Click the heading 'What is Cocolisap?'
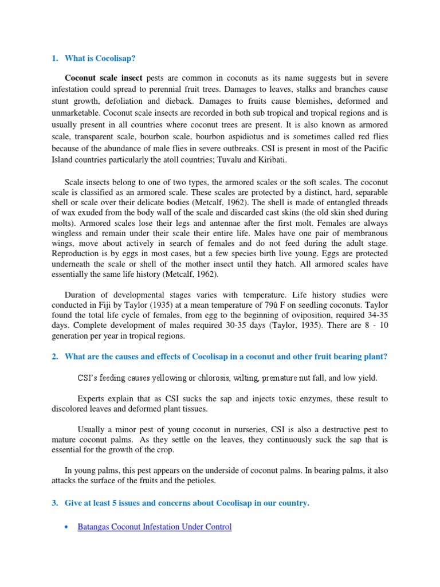(x=100, y=58)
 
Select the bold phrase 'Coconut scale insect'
(x=104, y=77)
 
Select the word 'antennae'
(x=210, y=224)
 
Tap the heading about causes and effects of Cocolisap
(x=226, y=357)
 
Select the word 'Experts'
(x=92, y=398)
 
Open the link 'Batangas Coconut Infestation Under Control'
(x=154, y=526)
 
